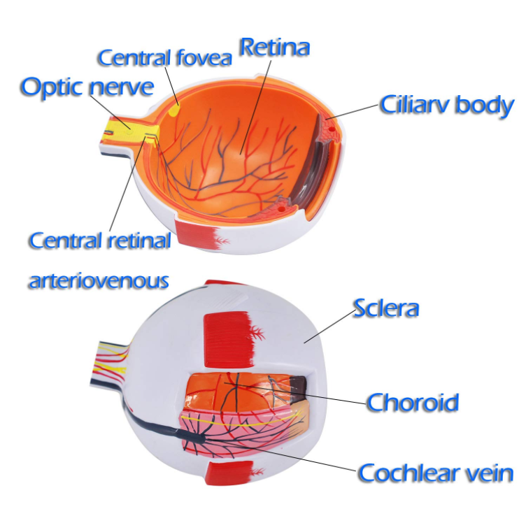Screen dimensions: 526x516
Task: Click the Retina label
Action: (x=274, y=48)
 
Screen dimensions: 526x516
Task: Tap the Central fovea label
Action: (x=164, y=57)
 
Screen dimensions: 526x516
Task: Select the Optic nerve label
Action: (x=87, y=87)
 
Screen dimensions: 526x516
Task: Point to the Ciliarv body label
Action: (x=447, y=106)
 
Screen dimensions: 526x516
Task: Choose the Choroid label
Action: (x=413, y=402)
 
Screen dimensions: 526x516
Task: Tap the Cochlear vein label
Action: (x=436, y=473)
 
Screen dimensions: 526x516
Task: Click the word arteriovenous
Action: (x=99, y=281)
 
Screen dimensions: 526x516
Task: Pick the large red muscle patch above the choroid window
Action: (x=227, y=339)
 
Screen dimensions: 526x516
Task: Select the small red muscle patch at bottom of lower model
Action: (x=230, y=472)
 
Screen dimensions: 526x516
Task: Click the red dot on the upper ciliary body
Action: (x=332, y=129)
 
